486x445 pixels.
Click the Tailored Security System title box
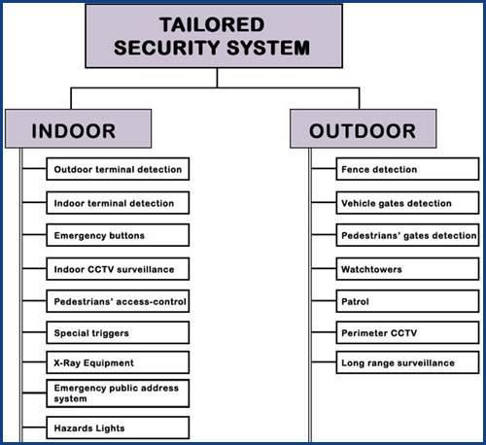(214, 36)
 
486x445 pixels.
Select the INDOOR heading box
(79, 128)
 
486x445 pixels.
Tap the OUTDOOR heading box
(364, 128)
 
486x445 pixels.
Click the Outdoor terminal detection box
(118, 169)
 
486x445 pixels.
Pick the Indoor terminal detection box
(118, 203)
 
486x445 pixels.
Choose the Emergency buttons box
(118, 235)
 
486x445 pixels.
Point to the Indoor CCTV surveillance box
(118, 269)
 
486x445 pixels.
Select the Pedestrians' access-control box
(118, 301)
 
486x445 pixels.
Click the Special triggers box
(118, 332)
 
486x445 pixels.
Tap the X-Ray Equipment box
(118, 362)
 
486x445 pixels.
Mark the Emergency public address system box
(118, 394)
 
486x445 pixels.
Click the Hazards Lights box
(118, 428)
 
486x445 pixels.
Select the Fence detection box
(407, 169)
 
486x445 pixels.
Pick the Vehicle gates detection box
(407, 203)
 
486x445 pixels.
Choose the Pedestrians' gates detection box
(407, 235)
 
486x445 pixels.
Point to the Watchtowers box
(407, 269)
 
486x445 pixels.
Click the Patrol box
(407, 301)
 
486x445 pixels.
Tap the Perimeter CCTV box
(407, 332)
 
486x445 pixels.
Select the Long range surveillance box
(407, 362)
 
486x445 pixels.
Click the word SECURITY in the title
(167, 48)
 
